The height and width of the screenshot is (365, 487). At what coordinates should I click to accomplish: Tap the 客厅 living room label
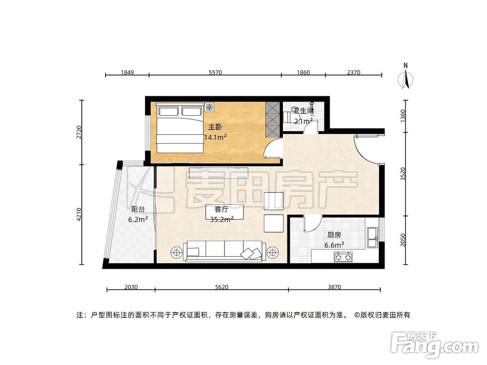tap(222, 210)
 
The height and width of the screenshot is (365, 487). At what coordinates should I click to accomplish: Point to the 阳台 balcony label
tap(138, 210)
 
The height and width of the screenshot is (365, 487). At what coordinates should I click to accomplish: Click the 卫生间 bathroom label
tap(304, 111)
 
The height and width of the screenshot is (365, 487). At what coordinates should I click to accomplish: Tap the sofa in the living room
tap(224, 251)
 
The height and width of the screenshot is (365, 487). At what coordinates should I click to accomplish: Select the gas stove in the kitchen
tap(343, 256)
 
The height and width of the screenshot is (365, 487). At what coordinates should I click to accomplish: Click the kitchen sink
tap(373, 235)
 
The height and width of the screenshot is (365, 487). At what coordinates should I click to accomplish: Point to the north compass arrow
tap(405, 77)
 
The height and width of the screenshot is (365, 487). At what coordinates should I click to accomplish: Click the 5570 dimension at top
tap(215, 73)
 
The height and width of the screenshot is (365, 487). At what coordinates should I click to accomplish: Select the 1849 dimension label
tap(127, 73)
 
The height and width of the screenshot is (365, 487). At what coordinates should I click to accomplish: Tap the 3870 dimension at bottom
tap(334, 287)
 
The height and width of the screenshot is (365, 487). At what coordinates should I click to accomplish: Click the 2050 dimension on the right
tap(403, 240)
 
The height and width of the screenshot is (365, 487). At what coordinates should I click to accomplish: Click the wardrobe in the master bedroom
tap(273, 119)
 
